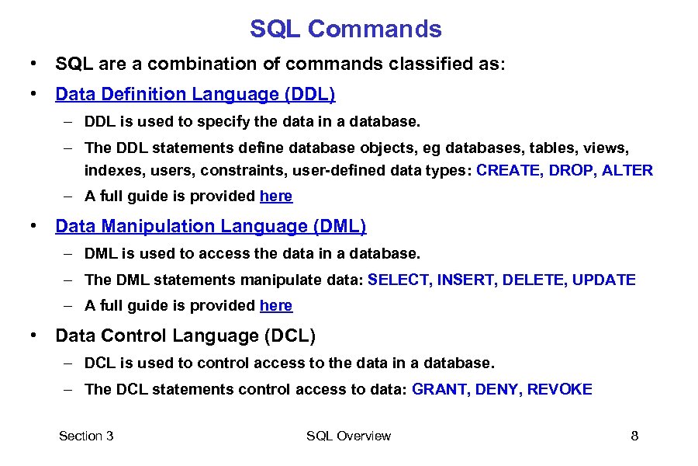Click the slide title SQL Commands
[x=345, y=30]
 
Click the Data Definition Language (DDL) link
[x=195, y=95]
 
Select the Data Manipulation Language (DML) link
[x=211, y=227]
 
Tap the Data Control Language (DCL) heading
[x=185, y=336]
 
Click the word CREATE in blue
[x=510, y=170]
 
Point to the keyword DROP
[x=570, y=170]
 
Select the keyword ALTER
[x=627, y=170]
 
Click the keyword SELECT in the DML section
[x=399, y=280]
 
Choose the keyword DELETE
[x=534, y=280]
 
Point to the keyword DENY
[x=497, y=389]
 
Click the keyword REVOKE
[x=559, y=389]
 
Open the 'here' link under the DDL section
[x=276, y=196]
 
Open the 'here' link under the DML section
[x=276, y=306]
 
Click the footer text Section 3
[x=86, y=436]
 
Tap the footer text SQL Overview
[x=348, y=436]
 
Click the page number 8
[x=634, y=436]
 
